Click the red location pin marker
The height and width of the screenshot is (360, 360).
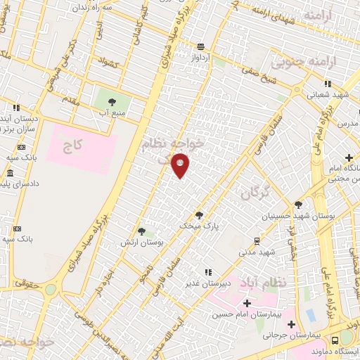coord(181,165)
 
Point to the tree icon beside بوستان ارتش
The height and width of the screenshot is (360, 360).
coord(141,231)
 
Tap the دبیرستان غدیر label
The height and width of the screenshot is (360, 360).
coord(205,284)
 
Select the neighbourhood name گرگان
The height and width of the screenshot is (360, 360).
coord(255,192)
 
